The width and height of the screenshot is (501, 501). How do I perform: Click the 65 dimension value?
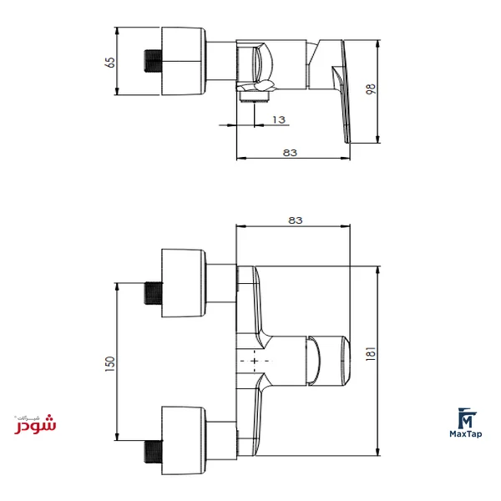tap(109, 63)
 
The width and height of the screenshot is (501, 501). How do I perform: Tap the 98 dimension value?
tap(370, 89)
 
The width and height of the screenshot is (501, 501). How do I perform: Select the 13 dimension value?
tap(279, 119)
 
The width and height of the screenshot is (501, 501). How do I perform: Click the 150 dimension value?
tap(109, 363)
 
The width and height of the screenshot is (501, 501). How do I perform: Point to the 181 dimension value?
tap(370, 354)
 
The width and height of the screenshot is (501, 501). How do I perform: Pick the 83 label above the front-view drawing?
tap(296, 220)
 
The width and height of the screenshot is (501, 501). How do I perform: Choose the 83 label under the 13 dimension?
tap(290, 153)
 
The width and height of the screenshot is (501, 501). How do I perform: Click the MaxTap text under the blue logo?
tap(466, 434)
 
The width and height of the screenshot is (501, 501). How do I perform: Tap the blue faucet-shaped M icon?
tap(466, 418)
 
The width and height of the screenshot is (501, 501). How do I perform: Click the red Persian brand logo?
tap(35, 424)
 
